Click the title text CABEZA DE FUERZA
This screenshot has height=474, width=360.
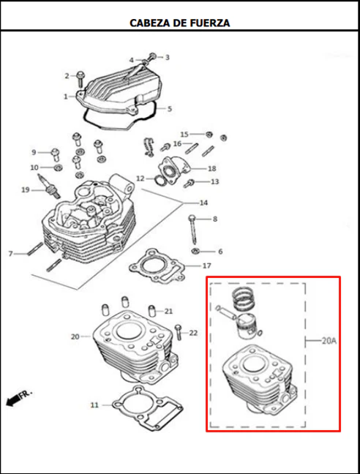(179, 23)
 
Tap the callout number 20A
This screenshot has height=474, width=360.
(329, 341)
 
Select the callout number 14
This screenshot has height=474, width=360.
(203, 203)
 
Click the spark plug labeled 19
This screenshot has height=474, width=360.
(48, 186)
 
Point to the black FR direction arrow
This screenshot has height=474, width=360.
(13, 401)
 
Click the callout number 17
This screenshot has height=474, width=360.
(207, 266)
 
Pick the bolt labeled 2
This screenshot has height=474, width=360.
(80, 79)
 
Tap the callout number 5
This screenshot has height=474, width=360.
(170, 108)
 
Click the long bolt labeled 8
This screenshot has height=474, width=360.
(193, 230)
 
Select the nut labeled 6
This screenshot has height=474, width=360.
(195, 251)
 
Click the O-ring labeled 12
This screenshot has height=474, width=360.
(160, 180)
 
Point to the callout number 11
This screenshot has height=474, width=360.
(94, 405)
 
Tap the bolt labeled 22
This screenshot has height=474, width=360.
(179, 332)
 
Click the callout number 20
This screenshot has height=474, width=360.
(75, 336)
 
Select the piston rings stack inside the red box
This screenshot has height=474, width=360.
(243, 299)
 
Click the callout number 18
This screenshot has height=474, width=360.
(212, 168)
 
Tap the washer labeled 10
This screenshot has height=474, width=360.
(58, 167)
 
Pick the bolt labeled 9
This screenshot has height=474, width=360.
(55, 154)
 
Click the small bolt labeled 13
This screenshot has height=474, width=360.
(189, 183)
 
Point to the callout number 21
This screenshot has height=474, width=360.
(168, 311)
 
